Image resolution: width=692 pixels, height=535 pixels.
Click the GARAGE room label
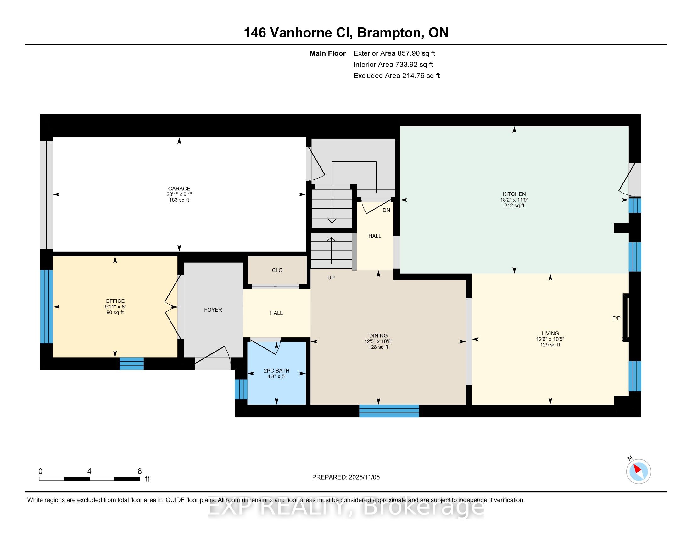[x=179, y=189]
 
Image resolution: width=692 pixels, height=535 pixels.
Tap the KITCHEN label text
[x=514, y=194]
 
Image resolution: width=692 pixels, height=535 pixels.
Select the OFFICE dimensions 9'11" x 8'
[x=115, y=307]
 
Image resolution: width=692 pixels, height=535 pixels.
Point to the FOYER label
[x=213, y=310]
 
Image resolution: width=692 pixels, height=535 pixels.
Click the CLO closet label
[x=277, y=270]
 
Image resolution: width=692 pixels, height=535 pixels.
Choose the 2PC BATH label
[x=276, y=370]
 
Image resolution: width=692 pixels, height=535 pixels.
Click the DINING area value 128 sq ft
[x=378, y=347]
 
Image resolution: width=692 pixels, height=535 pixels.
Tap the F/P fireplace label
[x=616, y=318]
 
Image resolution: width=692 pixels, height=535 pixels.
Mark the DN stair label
[x=386, y=210]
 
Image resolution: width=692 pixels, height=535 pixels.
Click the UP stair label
[x=331, y=278]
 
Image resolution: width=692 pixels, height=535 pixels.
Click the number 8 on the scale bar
[x=140, y=471]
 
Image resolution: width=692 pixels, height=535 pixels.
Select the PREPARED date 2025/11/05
[x=364, y=477]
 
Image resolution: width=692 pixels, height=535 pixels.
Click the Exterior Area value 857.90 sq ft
[x=416, y=53]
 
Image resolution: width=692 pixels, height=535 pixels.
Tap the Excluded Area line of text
[x=397, y=76]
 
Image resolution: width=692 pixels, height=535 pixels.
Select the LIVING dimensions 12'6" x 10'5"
[x=550, y=339]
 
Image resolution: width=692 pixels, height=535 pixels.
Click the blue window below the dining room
[x=389, y=411]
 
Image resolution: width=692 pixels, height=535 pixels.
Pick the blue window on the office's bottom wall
[x=131, y=363]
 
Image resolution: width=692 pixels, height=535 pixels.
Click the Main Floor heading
[x=328, y=53]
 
